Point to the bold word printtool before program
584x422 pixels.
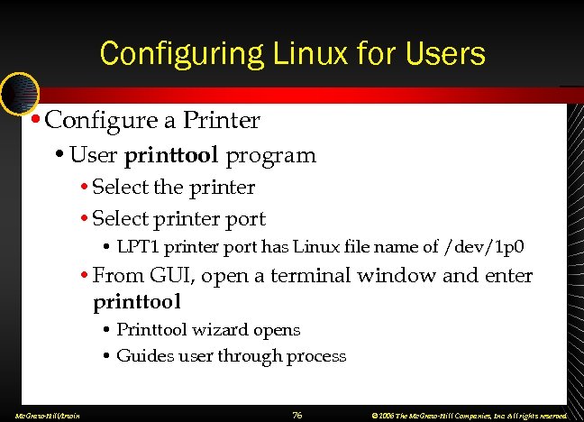coord(171,155)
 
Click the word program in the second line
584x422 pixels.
coord(270,155)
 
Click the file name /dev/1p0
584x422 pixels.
coord(486,246)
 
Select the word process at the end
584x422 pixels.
coord(315,356)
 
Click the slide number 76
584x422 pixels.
coord(297,415)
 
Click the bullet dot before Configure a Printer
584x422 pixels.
coord(33,119)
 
